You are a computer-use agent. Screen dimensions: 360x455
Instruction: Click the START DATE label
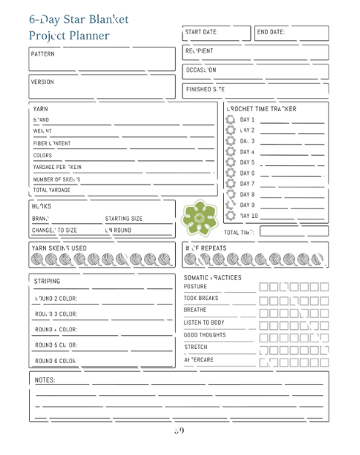click(201, 32)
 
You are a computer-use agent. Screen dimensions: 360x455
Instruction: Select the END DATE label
click(271, 32)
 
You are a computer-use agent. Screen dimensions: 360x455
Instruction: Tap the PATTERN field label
click(42, 54)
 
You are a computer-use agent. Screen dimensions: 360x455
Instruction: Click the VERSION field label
click(42, 82)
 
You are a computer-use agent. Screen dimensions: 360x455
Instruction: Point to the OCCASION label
click(201, 70)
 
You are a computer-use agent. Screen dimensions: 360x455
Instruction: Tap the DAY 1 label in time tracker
click(247, 119)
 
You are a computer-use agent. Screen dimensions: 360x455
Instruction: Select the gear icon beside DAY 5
click(230, 162)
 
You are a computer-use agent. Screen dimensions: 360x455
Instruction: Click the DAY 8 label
click(247, 195)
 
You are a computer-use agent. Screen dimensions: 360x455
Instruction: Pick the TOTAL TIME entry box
click(293, 232)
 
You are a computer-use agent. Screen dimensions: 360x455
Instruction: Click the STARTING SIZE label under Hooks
click(124, 219)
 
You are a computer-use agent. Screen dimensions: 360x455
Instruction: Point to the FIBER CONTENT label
click(52, 144)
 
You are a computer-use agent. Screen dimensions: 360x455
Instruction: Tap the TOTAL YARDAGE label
click(52, 190)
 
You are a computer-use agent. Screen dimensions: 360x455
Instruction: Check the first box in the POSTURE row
click(264, 287)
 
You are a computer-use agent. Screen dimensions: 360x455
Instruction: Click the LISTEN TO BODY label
click(204, 323)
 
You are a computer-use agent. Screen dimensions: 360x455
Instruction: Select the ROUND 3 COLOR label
click(56, 315)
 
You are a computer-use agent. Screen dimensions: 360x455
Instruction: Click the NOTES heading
click(45, 380)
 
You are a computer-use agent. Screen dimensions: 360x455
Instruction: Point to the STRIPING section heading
click(48, 282)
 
